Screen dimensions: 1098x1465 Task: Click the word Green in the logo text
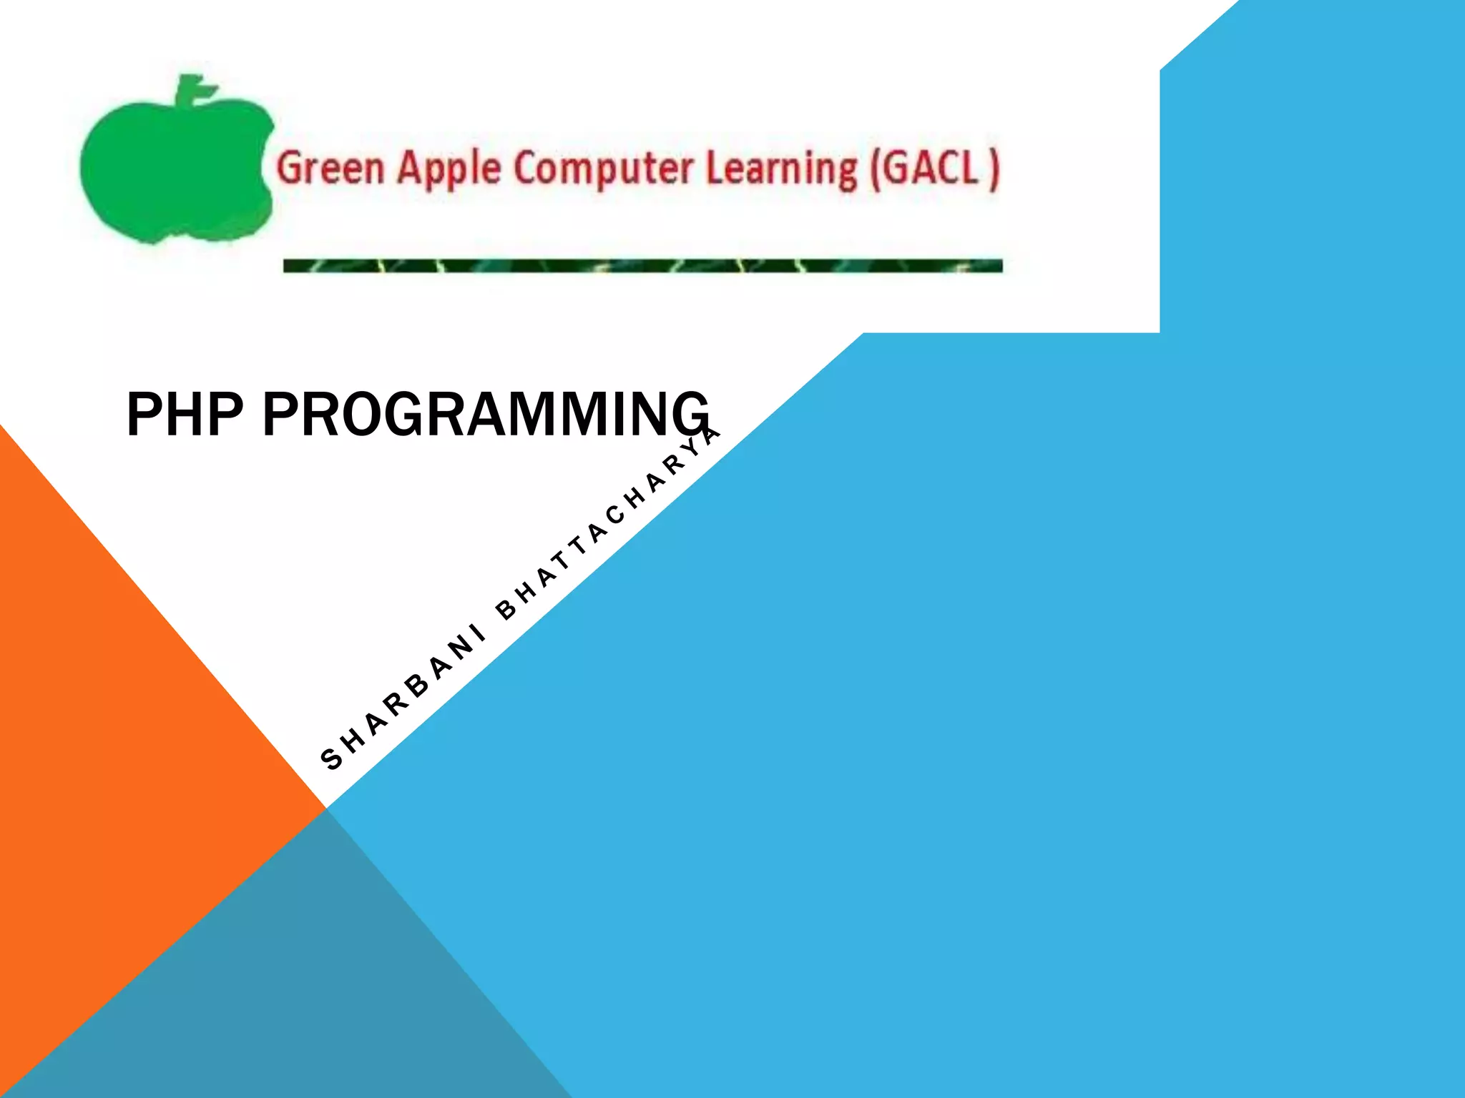330,169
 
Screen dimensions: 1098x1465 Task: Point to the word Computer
603,169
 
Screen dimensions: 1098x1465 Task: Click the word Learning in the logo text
781,169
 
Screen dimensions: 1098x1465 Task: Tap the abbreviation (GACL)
934,169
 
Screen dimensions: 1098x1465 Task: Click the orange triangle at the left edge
107,715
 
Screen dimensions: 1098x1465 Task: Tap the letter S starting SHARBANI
332,758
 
